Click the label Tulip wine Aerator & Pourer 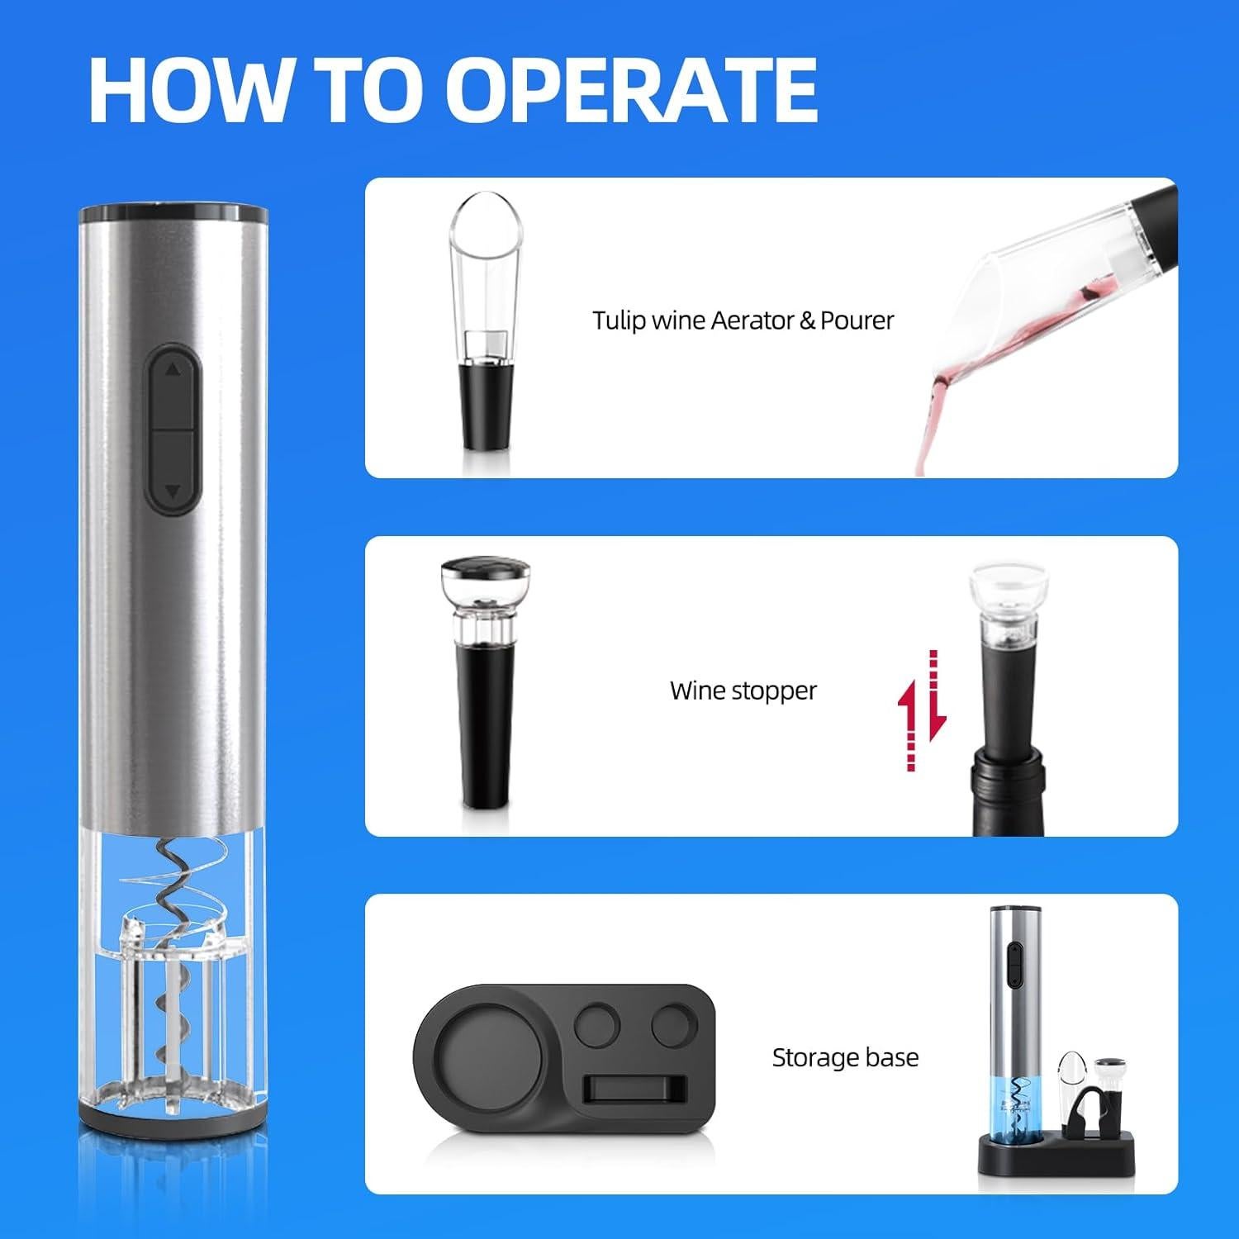[x=743, y=320]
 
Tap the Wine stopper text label [x=743, y=690]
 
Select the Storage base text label [x=844, y=1057]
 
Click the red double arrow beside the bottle [x=921, y=710]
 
